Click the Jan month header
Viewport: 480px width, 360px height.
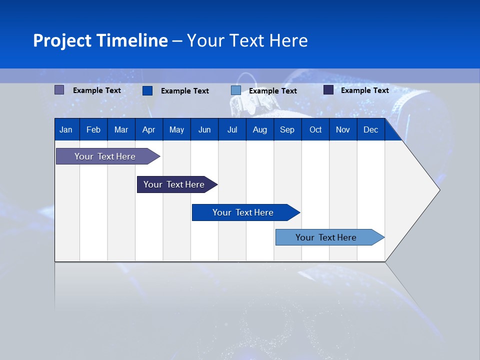coord(66,129)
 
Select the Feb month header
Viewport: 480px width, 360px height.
coord(93,129)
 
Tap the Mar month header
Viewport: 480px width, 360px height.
coord(121,129)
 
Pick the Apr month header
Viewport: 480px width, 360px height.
coord(148,129)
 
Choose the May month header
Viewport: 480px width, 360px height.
coord(176,129)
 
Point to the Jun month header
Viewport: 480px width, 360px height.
coord(204,129)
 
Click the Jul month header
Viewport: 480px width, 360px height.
coord(232,129)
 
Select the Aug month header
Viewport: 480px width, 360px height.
coord(260,129)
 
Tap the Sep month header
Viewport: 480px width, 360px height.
coord(287,129)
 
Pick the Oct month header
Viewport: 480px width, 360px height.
coord(315,129)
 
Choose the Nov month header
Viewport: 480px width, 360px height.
coord(343,129)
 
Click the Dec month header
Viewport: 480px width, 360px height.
coord(370,129)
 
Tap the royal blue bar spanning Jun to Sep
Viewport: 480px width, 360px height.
coord(243,212)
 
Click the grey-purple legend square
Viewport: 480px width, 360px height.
coord(59,90)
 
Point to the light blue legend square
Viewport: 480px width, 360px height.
coord(236,90)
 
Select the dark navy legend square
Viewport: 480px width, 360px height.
coord(328,90)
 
